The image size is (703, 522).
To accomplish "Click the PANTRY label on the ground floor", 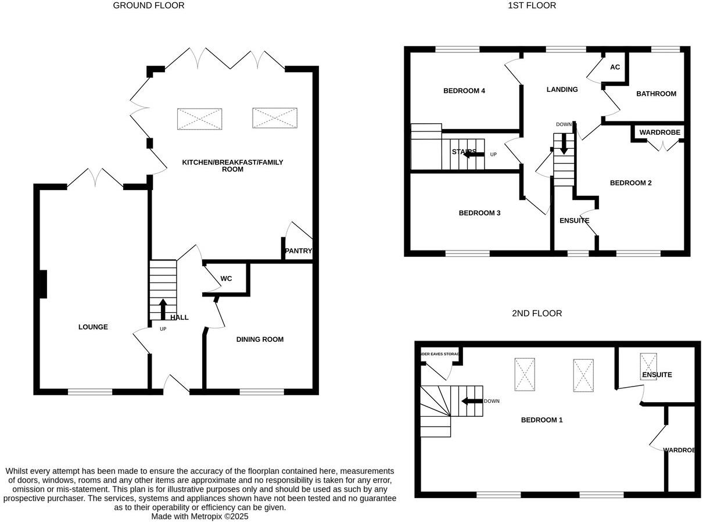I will pyautogui.click(x=298, y=251).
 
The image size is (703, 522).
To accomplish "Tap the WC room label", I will pyautogui.click(x=226, y=279).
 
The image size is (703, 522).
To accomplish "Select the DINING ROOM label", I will pyautogui.click(x=260, y=339).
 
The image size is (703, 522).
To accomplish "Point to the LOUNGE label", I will pyautogui.click(x=93, y=327).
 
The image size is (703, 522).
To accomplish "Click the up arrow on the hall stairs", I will pyautogui.click(x=163, y=309).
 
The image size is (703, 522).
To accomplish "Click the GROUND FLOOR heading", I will pyautogui.click(x=148, y=6).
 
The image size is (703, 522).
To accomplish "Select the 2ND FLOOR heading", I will pyautogui.click(x=536, y=313).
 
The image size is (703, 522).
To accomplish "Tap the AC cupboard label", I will pyautogui.click(x=615, y=67).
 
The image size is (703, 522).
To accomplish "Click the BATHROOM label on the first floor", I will pyautogui.click(x=656, y=94).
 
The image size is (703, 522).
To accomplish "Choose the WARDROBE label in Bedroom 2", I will pyautogui.click(x=659, y=133).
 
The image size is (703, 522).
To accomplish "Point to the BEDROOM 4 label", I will pyautogui.click(x=464, y=91).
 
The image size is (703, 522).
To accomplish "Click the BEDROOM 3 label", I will pyautogui.click(x=479, y=213).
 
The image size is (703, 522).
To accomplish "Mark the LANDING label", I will pyautogui.click(x=562, y=90).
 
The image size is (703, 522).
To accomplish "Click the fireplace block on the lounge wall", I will pyautogui.click(x=42, y=285).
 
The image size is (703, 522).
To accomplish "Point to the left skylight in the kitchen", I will pyautogui.click(x=199, y=119).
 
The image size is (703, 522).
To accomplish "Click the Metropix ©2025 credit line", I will pyautogui.click(x=199, y=516).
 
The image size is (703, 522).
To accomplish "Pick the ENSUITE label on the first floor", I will pyautogui.click(x=574, y=221).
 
